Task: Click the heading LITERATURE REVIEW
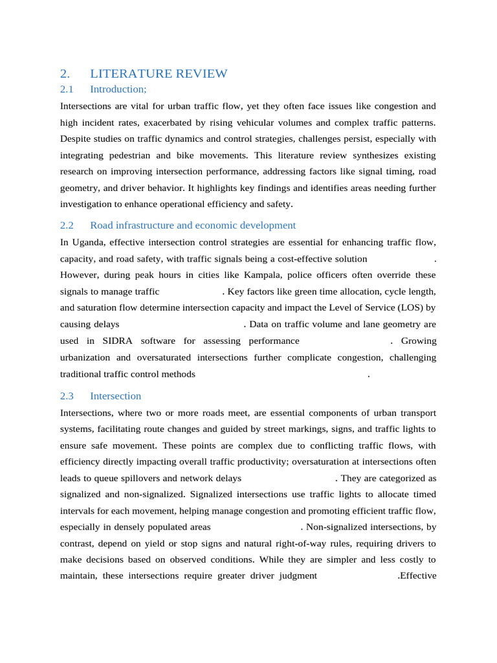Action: click(x=159, y=74)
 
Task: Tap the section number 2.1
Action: click(x=67, y=89)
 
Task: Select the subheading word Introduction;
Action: click(x=118, y=89)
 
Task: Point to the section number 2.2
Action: click(x=67, y=225)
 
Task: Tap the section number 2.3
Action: click(x=67, y=396)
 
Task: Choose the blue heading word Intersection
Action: click(x=115, y=396)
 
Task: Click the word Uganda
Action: click(x=87, y=242)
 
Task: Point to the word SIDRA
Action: click(x=116, y=341)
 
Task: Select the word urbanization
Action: click(x=85, y=357)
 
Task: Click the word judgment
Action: click(x=295, y=576)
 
